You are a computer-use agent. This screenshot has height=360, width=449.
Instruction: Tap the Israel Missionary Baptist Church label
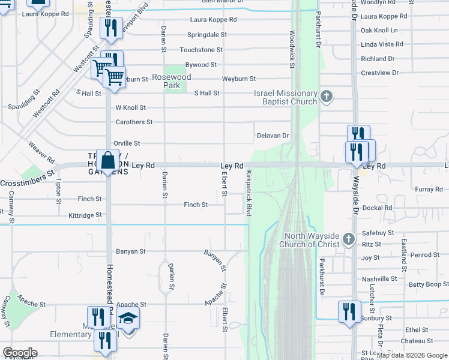[x=285, y=97]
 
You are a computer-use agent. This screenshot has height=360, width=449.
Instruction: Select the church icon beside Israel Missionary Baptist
[x=326, y=96]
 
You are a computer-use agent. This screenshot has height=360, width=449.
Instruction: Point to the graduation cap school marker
[x=128, y=317]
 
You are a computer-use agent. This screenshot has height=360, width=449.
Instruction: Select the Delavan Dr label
[x=273, y=136]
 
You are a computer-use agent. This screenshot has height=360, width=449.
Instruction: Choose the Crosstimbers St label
[x=27, y=184]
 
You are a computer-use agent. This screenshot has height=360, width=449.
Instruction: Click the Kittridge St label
[x=85, y=215]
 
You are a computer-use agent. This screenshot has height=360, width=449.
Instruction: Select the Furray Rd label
[x=429, y=190]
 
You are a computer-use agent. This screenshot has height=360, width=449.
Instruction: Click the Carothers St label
[x=134, y=122]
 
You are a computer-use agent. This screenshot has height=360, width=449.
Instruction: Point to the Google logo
[x=19, y=353]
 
